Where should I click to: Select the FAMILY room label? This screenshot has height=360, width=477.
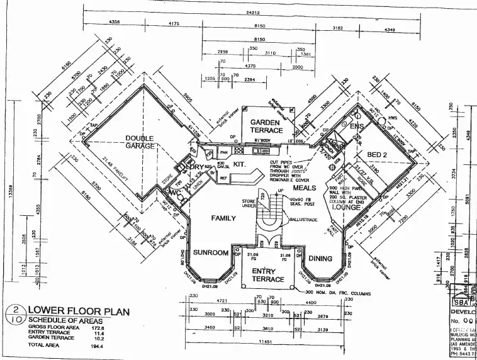223,218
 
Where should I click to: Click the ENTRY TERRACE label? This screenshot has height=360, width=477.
269,274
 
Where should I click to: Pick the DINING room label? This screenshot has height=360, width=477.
320,258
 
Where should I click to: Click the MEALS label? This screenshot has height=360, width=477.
305,188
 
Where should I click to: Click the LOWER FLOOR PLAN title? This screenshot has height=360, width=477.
78,310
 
